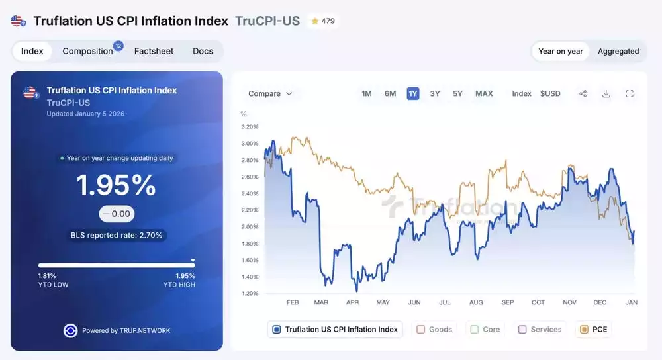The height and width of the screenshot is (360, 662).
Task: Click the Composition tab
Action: (x=88, y=51)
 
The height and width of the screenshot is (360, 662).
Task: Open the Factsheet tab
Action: (x=154, y=51)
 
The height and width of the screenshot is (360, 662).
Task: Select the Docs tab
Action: (x=203, y=51)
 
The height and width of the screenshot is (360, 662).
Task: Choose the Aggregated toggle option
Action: (x=618, y=51)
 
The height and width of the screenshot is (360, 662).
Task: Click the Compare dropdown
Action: (x=270, y=93)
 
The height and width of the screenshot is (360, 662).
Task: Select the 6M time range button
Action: (x=391, y=93)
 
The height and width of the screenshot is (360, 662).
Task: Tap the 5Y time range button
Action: (x=457, y=93)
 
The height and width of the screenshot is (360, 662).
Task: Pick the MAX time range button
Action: (x=484, y=93)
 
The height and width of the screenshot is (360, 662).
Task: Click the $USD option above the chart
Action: (x=550, y=93)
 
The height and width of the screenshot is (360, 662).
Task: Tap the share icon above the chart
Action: (x=583, y=93)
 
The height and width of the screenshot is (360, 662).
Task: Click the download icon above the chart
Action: (x=606, y=93)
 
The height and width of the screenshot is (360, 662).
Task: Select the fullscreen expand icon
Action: (x=630, y=93)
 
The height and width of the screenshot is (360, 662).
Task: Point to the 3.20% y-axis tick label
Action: (x=250, y=126)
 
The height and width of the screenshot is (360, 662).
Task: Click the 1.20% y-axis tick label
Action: (x=250, y=293)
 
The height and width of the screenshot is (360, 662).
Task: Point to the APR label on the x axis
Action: (x=352, y=302)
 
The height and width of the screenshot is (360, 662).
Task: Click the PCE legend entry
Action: (x=593, y=329)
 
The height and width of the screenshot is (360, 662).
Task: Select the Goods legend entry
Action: (x=434, y=329)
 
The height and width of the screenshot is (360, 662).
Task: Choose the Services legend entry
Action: (x=540, y=329)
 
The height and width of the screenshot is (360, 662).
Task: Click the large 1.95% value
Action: (x=117, y=185)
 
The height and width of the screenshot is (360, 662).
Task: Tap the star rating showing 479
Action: (x=322, y=21)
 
